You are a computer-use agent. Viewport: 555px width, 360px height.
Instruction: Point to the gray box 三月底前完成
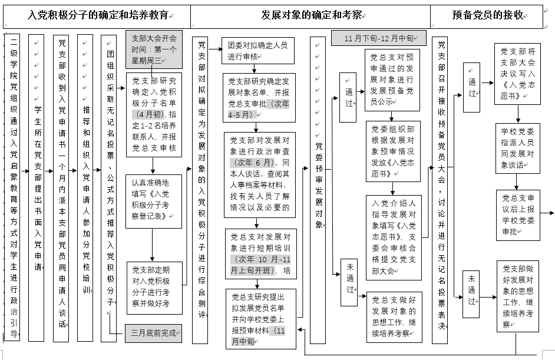click(153, 333)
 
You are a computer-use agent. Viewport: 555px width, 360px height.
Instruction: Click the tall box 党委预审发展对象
click(318, 189)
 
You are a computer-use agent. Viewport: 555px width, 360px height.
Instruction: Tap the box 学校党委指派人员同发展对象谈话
click(517, 148)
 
